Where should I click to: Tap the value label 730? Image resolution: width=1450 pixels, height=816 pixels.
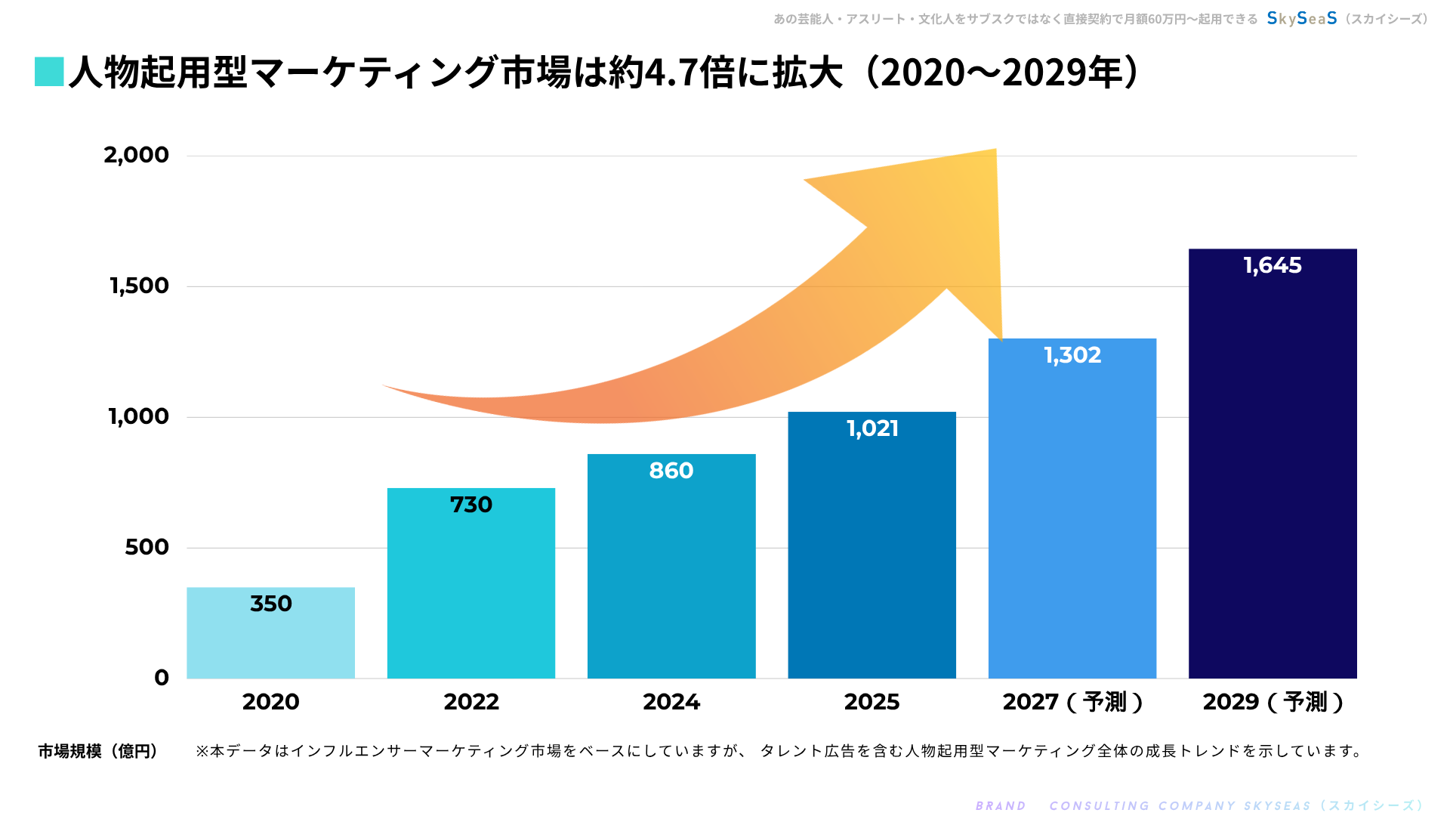471,505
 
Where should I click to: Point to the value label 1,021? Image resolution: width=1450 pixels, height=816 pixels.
872,428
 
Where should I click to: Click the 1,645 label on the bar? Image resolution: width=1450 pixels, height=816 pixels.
1273,265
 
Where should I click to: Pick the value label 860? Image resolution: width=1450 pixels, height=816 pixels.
671,471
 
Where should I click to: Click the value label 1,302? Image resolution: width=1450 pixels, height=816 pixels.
1072,355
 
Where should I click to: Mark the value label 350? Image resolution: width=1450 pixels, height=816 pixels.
270,604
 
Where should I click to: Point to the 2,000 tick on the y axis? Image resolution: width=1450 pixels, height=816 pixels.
137,155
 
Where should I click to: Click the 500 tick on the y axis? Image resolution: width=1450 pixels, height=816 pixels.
147,547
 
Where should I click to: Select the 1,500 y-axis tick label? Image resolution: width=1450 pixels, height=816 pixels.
140,286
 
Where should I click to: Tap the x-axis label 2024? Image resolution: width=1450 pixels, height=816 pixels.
671,702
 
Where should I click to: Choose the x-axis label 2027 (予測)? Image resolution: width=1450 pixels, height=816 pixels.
1072,702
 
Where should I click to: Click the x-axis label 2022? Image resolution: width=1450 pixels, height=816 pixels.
471,702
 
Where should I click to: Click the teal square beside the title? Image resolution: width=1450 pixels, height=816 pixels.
49,72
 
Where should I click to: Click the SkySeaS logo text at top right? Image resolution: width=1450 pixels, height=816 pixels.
1302,18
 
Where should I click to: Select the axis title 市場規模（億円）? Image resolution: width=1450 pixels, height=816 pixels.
98,751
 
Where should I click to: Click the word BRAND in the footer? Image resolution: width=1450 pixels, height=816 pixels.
1001,805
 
